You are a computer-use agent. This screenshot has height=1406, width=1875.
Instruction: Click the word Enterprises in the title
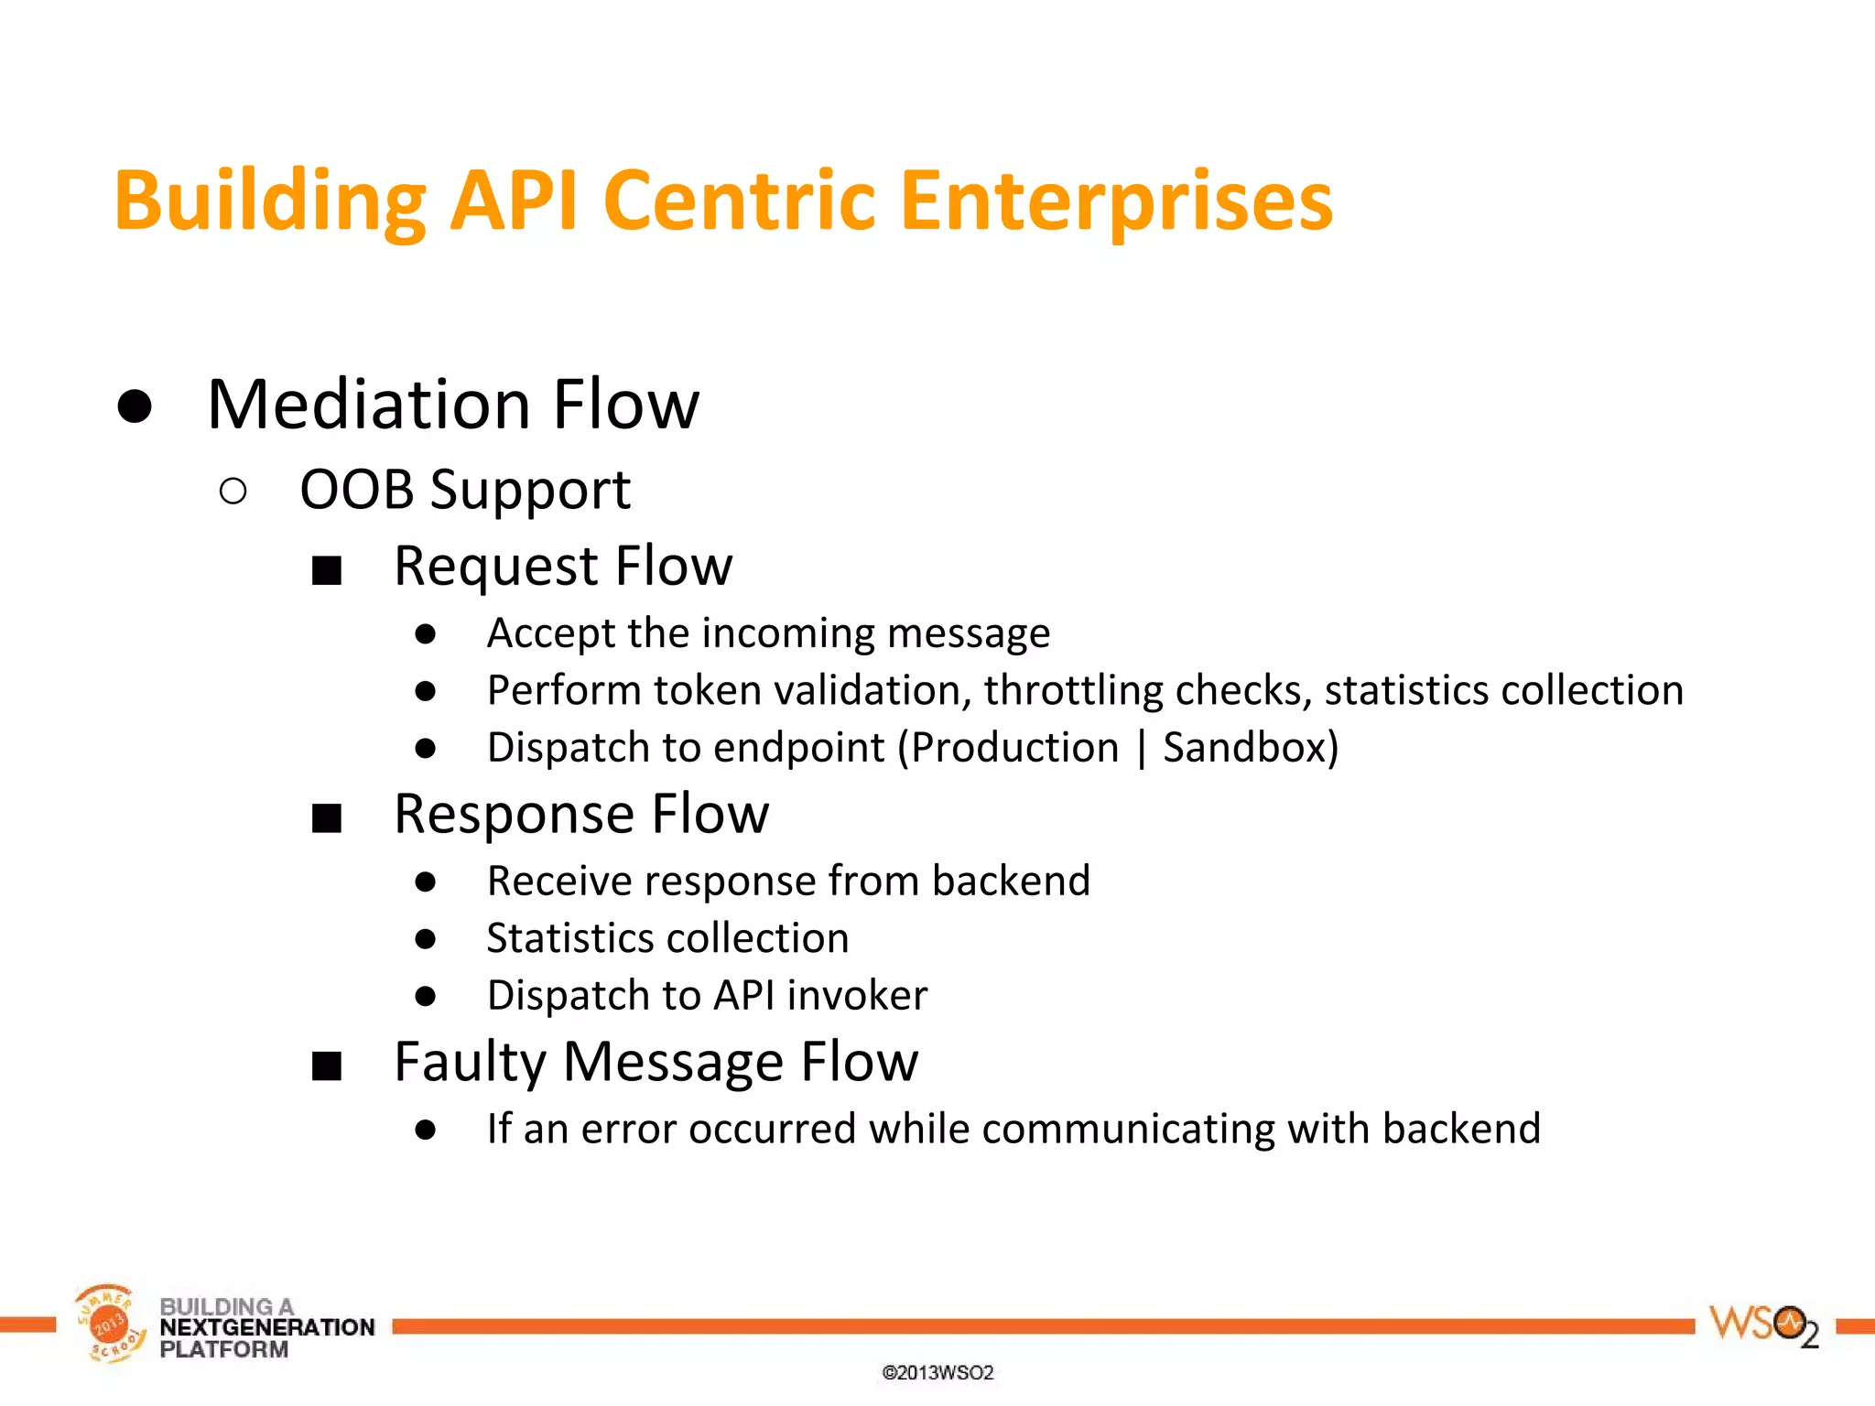tap(1116, 201)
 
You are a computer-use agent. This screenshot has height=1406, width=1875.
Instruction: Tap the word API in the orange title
tap(514, 201)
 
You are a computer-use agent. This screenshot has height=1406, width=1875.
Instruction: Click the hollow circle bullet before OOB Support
tap(233, 492)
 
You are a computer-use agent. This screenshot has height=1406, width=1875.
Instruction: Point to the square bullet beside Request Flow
tap(327, 570)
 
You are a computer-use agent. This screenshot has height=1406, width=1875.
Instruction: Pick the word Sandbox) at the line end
tap(1251, 748)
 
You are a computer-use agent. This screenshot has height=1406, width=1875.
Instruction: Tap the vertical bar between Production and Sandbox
tap(1141, 748)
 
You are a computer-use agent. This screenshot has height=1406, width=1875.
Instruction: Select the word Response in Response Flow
tap(515, 814)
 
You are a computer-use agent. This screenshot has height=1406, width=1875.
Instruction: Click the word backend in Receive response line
tap(1011, 881)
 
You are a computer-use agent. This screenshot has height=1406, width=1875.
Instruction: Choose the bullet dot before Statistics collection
tap(425, 939)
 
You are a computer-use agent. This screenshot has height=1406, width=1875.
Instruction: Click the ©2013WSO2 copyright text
tap(937, 1373)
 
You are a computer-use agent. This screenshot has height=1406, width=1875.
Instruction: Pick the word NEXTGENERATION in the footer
tap(267, 1327)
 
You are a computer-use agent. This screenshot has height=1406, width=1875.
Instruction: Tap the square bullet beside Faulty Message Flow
tap(327, 1066)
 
